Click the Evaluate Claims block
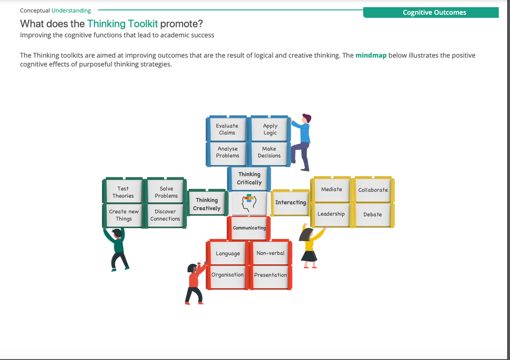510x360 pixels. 227,129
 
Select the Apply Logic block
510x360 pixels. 270,129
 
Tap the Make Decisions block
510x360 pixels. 269,152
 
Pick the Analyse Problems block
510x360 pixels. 228,152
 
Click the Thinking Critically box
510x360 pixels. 249,179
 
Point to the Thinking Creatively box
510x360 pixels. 207,204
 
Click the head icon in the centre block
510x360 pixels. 249,202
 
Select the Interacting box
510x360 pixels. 290,202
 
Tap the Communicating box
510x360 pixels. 249,228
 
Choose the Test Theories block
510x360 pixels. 123,192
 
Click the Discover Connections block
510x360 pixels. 165,215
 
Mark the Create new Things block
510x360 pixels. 124,215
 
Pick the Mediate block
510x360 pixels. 331,190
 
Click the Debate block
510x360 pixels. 373,215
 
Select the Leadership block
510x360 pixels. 331,214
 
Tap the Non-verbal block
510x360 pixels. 271,253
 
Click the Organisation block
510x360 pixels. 228,275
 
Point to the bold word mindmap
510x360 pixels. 371,55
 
